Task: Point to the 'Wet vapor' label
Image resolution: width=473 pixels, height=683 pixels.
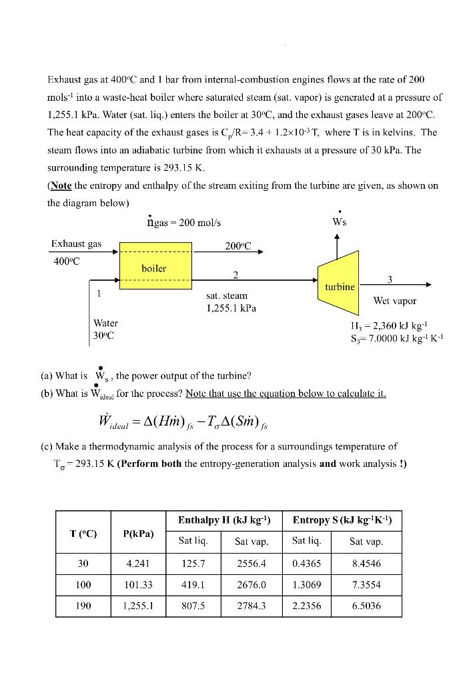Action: [x=396, y=301]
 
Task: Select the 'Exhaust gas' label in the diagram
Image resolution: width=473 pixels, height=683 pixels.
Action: [x=76, y=244]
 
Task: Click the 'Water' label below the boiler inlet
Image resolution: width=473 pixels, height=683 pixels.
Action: [x=105, y=323]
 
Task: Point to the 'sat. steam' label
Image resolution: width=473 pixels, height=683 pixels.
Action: [x=227, y=295]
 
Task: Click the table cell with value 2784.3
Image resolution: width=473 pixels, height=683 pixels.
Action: [x=252, y=606]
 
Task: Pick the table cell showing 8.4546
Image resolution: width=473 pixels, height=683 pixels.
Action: [x=366, y=564]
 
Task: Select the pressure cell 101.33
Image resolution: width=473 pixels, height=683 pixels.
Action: [x=139, y=585]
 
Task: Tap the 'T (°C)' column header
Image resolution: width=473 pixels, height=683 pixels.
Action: [x=83, y=532]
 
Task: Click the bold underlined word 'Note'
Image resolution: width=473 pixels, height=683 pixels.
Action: [x=61, y=185]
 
